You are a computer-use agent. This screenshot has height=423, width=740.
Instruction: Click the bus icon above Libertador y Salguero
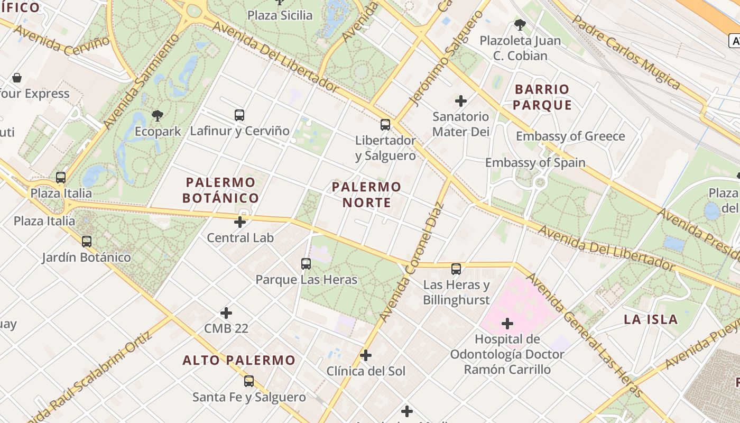(x=385, y=125)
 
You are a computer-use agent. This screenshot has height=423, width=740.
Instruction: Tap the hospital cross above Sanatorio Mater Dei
(x=461, y=100)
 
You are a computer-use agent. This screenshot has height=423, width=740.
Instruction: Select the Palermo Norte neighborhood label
(x=366, y=195)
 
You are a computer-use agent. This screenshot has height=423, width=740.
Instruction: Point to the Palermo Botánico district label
(x=220, y=190)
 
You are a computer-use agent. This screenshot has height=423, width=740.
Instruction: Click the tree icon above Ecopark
(x=157, y=115)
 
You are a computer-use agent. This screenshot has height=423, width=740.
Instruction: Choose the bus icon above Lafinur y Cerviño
(x=239, y=115)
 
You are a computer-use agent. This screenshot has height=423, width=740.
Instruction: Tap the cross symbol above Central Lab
(x=240, y=222)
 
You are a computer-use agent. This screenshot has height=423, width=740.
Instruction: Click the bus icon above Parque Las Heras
(x=306, y=263)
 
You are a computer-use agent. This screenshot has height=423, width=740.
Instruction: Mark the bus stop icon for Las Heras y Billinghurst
(x=456, y=269)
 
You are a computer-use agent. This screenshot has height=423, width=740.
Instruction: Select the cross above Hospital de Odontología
(x=507, y=323)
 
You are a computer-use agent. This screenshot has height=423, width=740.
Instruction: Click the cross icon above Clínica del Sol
(x=365, y=355)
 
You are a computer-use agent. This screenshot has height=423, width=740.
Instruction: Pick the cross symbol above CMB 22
(x=226, y=313)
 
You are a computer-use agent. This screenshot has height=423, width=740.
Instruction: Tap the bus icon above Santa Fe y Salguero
(x=249, y=381)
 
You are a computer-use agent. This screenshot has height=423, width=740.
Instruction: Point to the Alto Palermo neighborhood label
(x=239, y=361)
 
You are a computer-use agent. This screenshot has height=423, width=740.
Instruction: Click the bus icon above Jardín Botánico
(x=87, y=242)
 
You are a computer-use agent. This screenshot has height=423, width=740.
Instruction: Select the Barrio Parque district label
(x=542, y=97)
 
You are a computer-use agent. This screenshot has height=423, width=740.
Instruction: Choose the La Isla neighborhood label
(x=651, y=319)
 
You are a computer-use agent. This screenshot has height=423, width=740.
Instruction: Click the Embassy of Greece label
(x=570, y=136)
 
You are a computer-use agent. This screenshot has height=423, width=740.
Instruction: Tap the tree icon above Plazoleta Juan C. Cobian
(x=520, y=24)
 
